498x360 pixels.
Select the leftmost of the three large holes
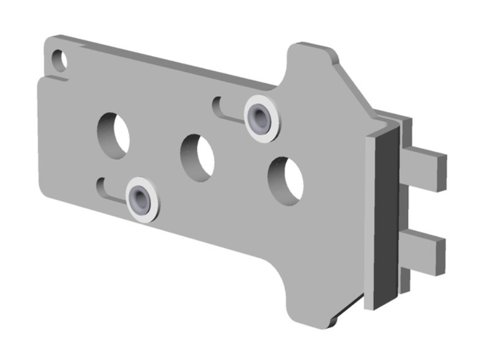pyautogui.click(x=114, y=134)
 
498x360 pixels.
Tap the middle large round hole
pyautogui.click(x=197, y=157)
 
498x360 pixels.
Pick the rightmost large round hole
pyautogui.click(x=286, y=180)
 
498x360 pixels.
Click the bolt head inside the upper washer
pyautogui.click(x=259, y=116)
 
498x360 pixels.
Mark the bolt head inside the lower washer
pyautogui.click(x=140, y=198)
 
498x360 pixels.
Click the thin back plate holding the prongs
pyautogui.click(x=405, y=202)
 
